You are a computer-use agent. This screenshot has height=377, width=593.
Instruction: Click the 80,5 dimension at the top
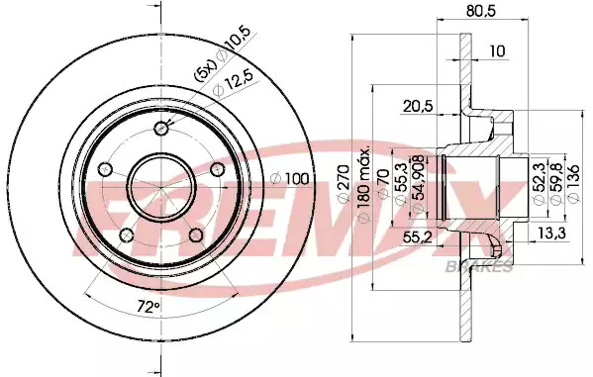click(x=481, y=11)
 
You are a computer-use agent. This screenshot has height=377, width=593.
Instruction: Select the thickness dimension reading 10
click(x=498, y=50)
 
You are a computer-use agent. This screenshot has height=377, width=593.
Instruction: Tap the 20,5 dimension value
click(x=418, y=106)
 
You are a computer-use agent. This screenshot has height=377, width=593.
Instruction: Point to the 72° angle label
click(x=148, y=307)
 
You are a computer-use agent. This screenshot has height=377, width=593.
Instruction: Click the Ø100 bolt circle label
click(x=290, y=179)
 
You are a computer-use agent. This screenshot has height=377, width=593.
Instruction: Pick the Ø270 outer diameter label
click(x=344, y=183)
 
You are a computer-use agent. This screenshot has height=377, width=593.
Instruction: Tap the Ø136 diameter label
click(x=573, y=183)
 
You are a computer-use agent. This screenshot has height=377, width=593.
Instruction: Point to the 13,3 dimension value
click(x=551, y=234)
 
